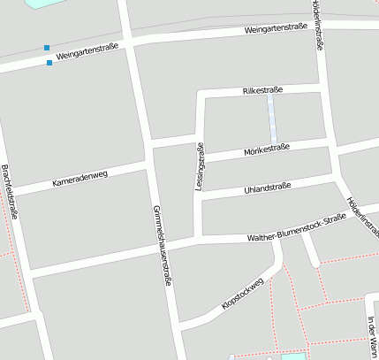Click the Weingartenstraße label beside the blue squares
[87, 54]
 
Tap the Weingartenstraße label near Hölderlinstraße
[277, 28]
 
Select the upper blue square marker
[47, 48]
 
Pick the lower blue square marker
[49, 62]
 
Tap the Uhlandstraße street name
[266, 188]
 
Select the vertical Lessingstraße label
[199, 167]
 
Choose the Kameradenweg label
[80, 177]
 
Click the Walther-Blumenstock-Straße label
[297, 229]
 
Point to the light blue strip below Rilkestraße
[272, 119]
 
